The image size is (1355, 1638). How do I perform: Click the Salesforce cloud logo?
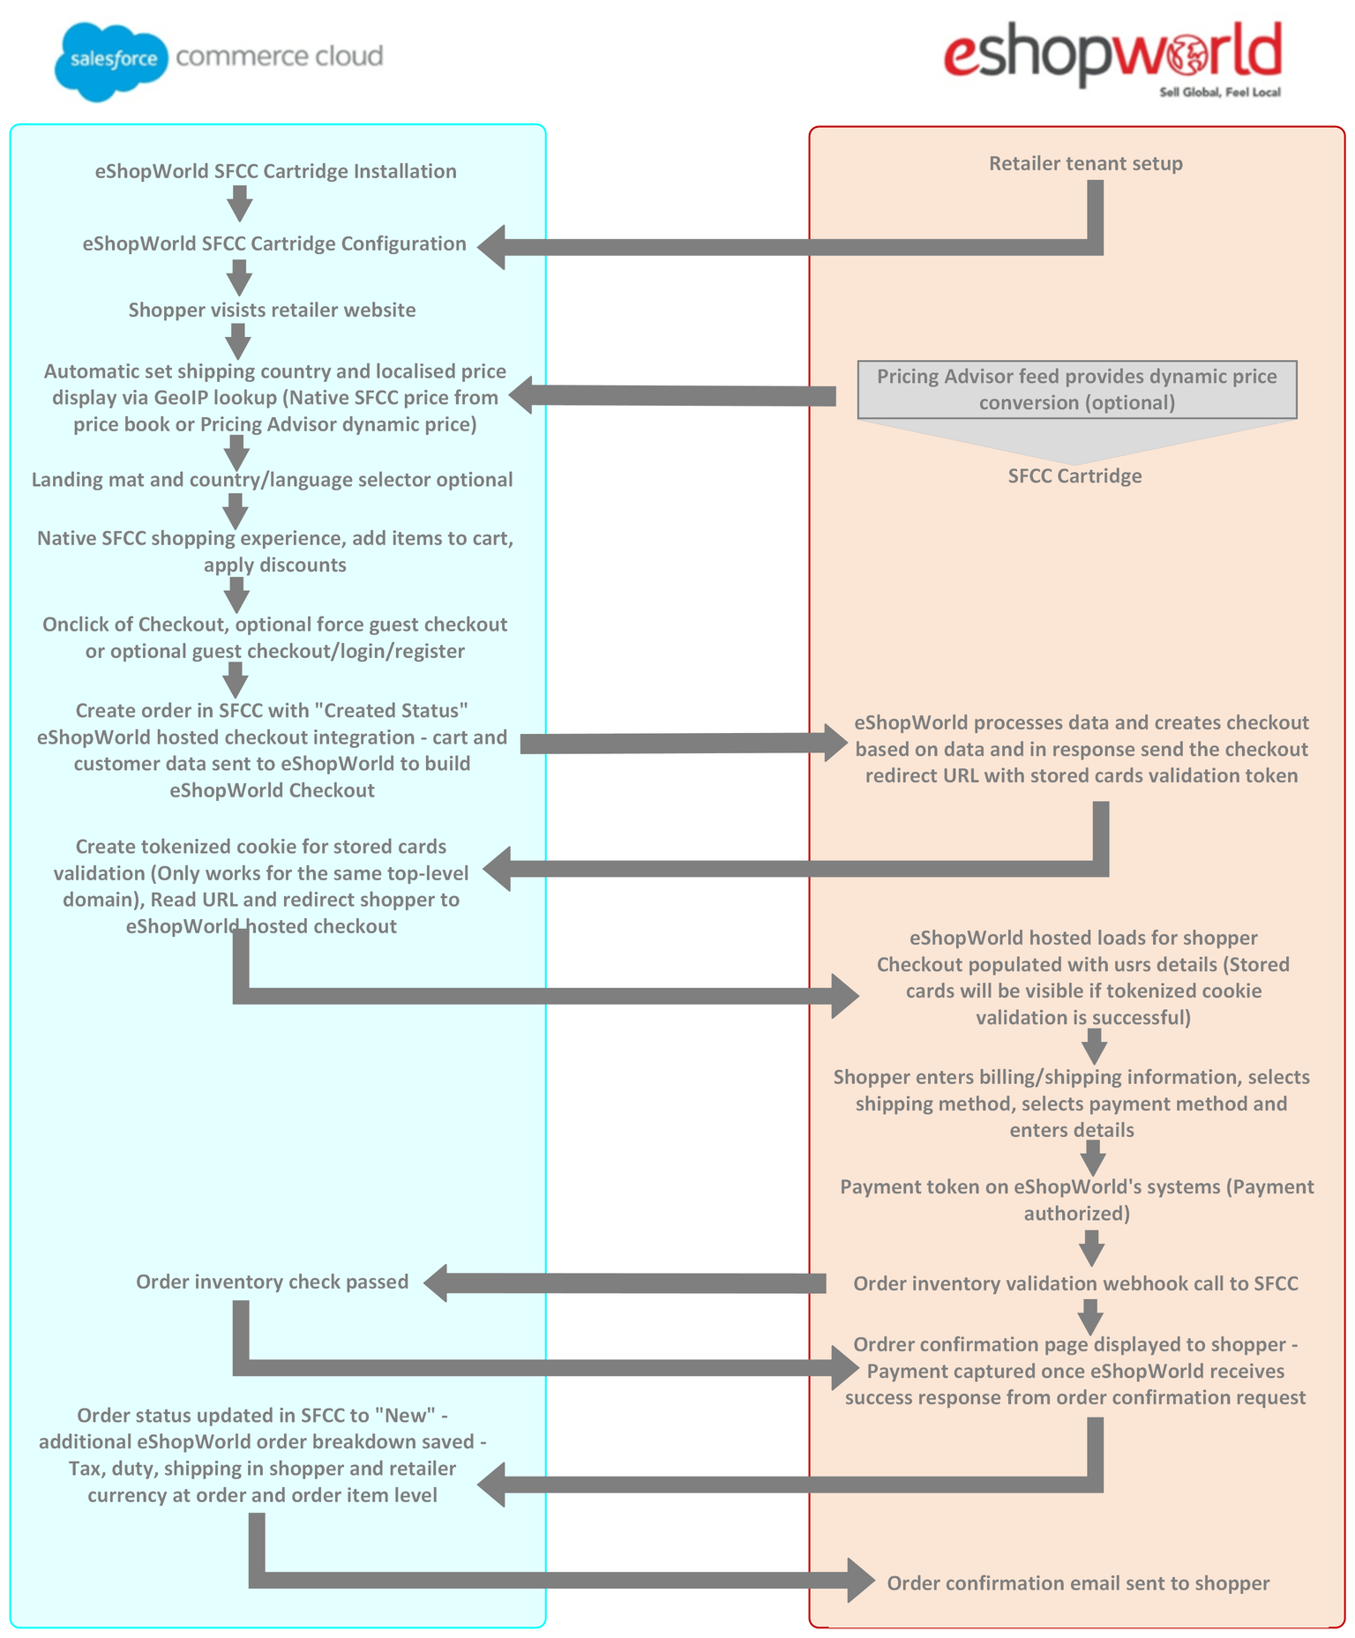click(111, 62)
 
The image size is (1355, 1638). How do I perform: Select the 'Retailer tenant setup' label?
click(1085, 163)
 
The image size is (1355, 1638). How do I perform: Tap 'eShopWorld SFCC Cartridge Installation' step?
click(275, 171)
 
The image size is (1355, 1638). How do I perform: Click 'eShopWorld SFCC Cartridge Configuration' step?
click(274, 243)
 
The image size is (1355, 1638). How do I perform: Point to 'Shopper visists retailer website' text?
click(272, 310)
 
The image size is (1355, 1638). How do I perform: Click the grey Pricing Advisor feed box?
click(1077, 389)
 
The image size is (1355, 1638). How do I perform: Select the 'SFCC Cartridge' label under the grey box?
click(1074, 476)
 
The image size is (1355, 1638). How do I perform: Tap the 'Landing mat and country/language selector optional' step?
click(272, 480)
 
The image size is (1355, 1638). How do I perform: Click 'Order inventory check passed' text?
click(272, 1282)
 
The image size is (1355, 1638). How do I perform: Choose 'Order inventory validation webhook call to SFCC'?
click(1075, 1283)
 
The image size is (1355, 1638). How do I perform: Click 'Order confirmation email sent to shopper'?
click(1078, 1583)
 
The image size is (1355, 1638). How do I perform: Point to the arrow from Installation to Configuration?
click(239, 204)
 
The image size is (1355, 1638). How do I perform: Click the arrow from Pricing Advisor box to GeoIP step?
click(672, 395)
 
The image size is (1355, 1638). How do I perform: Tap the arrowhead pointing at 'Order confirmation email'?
click(861, 1580)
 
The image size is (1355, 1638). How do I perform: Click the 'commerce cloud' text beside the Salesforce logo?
click(280, 56)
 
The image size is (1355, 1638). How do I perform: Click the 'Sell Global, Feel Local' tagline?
click(1220, 93)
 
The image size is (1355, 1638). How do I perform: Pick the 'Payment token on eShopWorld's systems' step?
click(1077, 1200)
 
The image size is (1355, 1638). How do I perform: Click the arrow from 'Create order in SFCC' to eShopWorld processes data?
click(684, 743)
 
